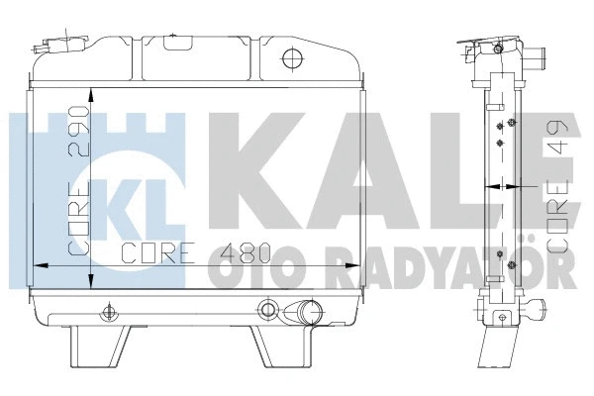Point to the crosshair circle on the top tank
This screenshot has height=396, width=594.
[x=291, y=57]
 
